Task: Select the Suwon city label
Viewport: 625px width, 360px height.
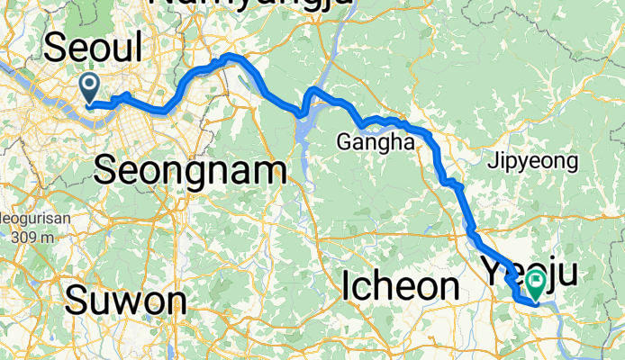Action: tap(125, 301)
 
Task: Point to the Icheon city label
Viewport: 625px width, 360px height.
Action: tap(401, 286)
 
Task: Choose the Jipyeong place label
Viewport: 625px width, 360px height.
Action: tap(531, 163)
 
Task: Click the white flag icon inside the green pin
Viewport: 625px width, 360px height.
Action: tap(536, 281)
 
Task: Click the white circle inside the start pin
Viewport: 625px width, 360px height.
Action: tap(91, 85)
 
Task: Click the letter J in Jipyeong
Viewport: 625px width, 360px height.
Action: tap(491, 163)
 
